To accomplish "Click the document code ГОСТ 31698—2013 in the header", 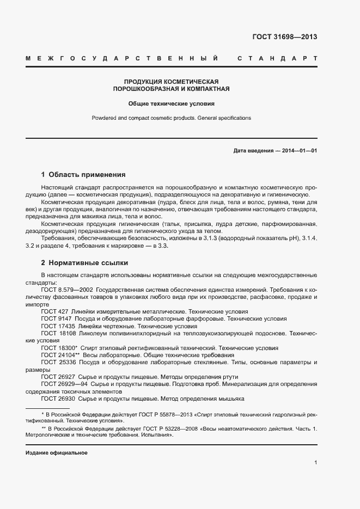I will point(284,37).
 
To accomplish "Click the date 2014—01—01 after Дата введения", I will point(299,151).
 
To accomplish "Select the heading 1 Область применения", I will point(83,175).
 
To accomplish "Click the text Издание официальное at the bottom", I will point(57,453).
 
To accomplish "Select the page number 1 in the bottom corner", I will point(315,462).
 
